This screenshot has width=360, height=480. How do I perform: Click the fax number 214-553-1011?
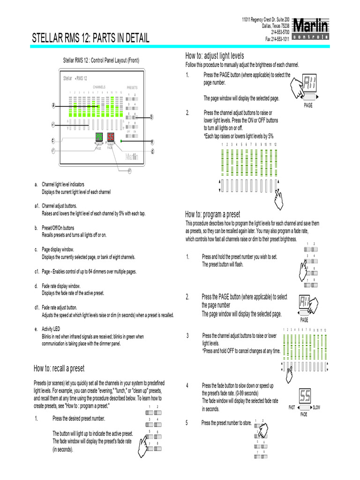click(277, 39)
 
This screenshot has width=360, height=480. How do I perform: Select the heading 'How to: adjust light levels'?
click(215, 56)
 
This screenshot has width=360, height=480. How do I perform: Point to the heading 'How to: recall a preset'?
click(59, 368)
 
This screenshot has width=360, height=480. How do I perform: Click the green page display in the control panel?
click(99, 137)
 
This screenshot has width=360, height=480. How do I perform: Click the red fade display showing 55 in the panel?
click(111, 137)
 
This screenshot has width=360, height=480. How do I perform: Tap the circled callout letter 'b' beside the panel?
click(152, 117)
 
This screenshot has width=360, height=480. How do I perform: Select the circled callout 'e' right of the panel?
click(152, 142)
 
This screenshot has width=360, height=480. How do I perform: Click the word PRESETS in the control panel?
click(132, 88)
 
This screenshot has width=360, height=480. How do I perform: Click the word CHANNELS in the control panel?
click(99, 87)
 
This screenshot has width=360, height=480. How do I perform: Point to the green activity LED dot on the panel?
click(121, 141)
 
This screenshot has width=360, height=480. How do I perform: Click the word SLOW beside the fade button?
click(316, 407)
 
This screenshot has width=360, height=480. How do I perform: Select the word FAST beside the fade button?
click(292, 407)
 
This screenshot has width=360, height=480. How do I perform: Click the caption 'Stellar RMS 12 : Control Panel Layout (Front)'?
click(101, 60)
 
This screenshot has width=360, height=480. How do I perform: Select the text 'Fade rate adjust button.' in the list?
click(59, 308)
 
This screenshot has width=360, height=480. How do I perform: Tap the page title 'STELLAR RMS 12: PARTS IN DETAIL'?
click(90, 38)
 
